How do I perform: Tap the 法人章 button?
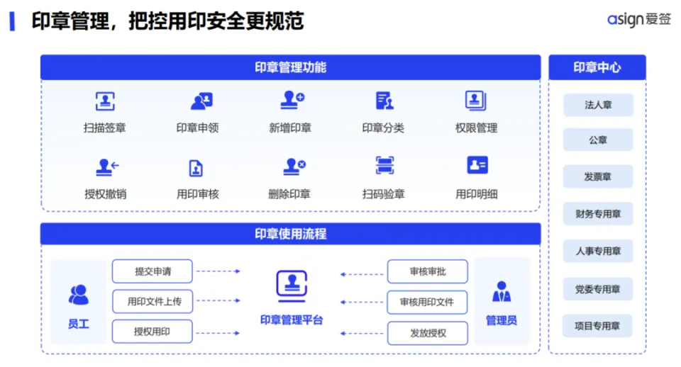[597, 105]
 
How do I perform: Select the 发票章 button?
[597, 176]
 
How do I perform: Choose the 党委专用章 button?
[597, 289]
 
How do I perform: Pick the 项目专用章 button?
[597, 326]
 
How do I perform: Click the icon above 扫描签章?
[105, 101]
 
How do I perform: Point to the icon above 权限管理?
[475, 101]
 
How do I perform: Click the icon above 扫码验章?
[384, 166]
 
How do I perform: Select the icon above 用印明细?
[477, 166]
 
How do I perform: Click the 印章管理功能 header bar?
[290, 67]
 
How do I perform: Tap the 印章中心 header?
[597, 67]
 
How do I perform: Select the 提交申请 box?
[153, 271]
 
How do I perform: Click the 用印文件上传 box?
[153, 301]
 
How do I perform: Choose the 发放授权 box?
[428, 332]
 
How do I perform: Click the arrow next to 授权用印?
[218, 332]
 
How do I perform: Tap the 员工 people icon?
[79, 294]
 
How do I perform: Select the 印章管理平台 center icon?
[292, 285]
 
